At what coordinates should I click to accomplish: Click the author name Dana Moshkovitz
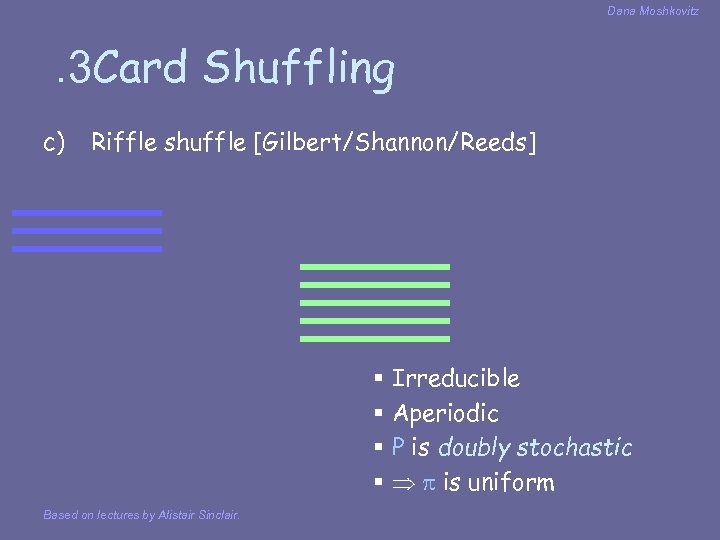(x=653, y=11)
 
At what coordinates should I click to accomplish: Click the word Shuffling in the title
(x=299, y=69)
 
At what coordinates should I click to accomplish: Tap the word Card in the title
(x=143, y=69)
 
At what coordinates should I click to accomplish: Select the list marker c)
(x=55, y=143)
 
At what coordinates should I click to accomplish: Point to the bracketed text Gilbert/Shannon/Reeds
(x=395, y=143)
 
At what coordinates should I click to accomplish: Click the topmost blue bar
(x=87, y=213)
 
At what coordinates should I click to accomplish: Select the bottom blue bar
(x=87, y=249)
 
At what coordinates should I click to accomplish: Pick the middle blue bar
(x=87, y=231)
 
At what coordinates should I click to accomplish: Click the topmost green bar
(x=375, y=267)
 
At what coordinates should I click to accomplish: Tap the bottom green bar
(x=375, y=339)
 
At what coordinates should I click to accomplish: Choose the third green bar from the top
(x=375, y=303)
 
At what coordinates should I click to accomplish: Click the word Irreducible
(x=456, y=378)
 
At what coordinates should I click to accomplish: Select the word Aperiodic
(x=445, y=413)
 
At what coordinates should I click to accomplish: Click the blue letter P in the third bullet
(x=398, y=448)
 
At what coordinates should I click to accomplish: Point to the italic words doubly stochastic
(x=535, y=448)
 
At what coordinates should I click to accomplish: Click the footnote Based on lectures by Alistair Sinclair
(x=141, y=515)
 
